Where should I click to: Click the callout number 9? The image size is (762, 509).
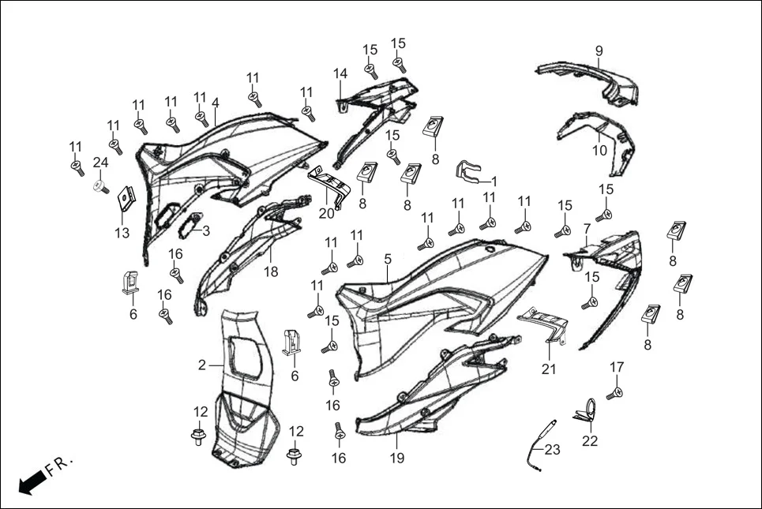599,51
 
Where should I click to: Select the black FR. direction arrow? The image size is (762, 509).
31,481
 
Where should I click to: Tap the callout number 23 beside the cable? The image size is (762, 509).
552,450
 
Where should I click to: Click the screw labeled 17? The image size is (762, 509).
614,392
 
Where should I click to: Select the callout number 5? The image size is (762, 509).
387,258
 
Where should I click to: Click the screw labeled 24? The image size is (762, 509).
102,187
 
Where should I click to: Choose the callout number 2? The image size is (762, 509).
202,365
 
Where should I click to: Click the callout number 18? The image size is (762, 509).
271,271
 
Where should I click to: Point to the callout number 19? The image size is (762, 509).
395,458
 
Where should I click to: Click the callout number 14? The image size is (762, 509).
340,73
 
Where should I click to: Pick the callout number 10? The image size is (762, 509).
600,150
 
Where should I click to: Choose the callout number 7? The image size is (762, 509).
587,229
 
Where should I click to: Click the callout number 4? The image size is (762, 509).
215,103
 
